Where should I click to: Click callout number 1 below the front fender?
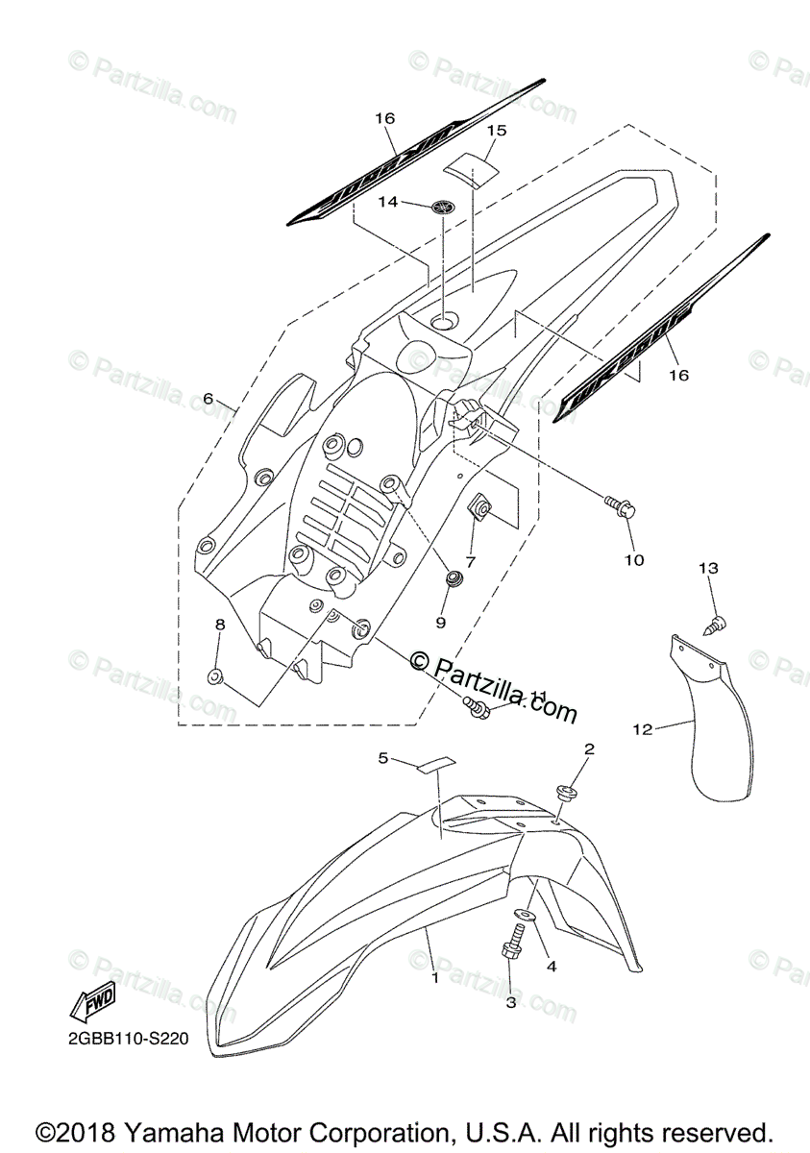[435, 978]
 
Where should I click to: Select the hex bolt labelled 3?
[511, 947]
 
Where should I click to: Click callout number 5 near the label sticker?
[383, 758]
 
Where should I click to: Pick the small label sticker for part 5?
[435, 765]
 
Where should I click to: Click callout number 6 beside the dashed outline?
[208, 398]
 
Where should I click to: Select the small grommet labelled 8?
[217, 677]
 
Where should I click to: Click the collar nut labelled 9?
[454, 578]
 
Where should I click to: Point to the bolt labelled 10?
[619, 506]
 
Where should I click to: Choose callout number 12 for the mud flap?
[642, 729]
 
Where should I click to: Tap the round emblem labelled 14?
[442, 204]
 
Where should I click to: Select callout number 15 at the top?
[496, 130]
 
